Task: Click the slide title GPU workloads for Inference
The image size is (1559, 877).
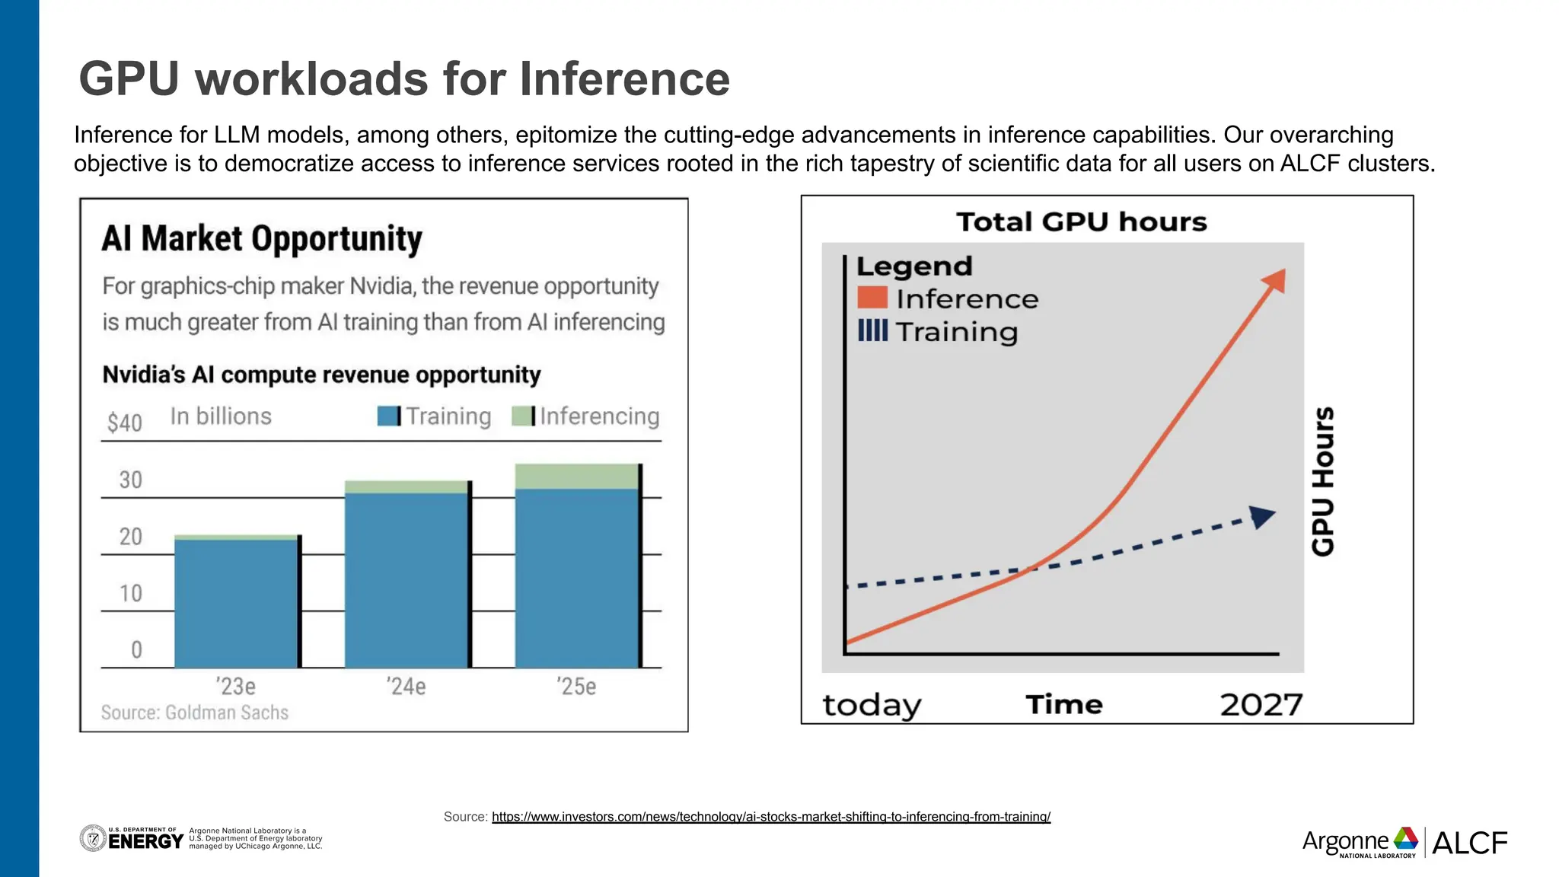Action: pyautogui.click(x=404, y=79)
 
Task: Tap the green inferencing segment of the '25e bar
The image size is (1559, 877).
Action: pyautogui.click(x=576, y=476)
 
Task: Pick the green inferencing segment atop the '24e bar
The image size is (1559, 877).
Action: pyautogui.click(x=406, y=487)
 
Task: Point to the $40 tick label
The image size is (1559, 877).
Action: pyautogui.click(x=124, y=423)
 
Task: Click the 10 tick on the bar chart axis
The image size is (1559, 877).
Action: pyautogui.click(x=130, y=593)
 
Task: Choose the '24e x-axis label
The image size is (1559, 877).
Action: pyautogui.click(x=406, y=687)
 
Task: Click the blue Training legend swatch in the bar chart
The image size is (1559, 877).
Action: pyautogui.click(x=388, y=416)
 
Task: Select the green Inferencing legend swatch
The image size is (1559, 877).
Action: pyautogui.click(x=523, y=416)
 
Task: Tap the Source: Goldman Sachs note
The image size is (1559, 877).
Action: pyautogui.click(x=195, y=713)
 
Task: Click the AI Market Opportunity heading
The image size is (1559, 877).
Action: pyautogui.click(x=262, y=239)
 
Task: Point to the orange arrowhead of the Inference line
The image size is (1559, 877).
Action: pyautogui.click(x=1275, y=280)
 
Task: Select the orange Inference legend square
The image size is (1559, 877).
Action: pyautogui.click(x=872, y=298)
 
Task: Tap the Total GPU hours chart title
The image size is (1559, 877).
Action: pyautogui.click(x=1081, y=222)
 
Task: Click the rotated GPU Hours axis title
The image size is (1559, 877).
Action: pyautogui.click(x=1323, y=481)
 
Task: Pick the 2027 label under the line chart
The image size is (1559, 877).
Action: pyautogui.click(x=1261, y=705)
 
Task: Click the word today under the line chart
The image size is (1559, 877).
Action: pyautogui.click(x=872, y=705)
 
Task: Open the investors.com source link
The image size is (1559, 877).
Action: pyautogui.click(x=770, y=817)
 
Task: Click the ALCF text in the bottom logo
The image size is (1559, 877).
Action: pyautogui.click(x=1469, y=843)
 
